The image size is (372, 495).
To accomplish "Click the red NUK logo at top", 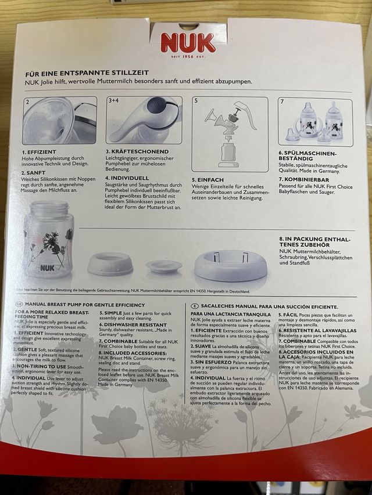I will [x=188, y=42].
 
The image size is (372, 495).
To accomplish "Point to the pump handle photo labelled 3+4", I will [x=144, y=120].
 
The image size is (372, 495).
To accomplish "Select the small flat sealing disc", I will [x=163, y=266].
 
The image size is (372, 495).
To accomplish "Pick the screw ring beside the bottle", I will [x=110, y=264].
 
